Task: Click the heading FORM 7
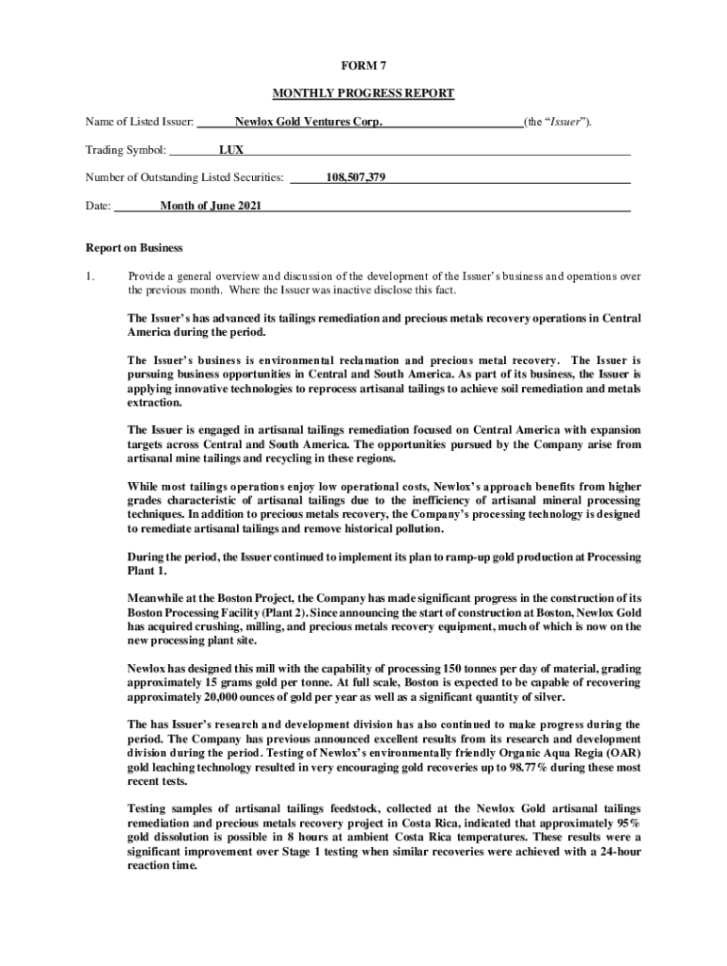pyautogui.click(x=363, y=65)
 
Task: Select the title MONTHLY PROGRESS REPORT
pyautogui.click(x=363, y=93)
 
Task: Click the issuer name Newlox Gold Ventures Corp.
pyautogui.click(x=309, y=122)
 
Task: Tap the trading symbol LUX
pyautogui.click(x=231, y=150)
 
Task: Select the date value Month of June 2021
pyautogui.click(x=211, y=206)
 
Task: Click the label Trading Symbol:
pyautogui.click(x=127, y=150)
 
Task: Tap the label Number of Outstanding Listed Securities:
pyautogui.click(x=185, y=177)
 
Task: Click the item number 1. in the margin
pyautogui.click(x=90, y=276)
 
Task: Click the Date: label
pyautogui.click(x=98, y=206)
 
